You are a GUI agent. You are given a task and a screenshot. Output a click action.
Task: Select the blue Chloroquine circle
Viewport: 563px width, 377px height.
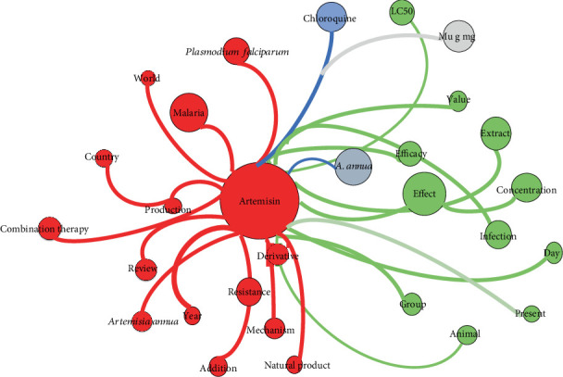pos(326,18)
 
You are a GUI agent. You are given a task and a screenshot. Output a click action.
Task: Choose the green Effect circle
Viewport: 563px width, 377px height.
pos(424,195)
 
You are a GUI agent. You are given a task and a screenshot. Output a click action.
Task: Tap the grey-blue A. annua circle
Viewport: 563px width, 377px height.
pos(355,166)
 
